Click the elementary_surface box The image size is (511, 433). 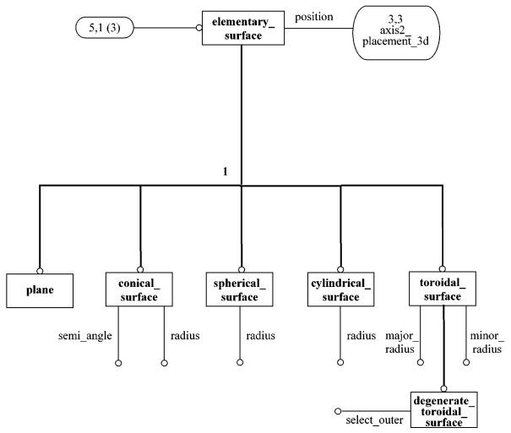tap(241, 27)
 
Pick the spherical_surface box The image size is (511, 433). tap(241, 289)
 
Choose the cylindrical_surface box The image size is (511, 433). tap(341, 289)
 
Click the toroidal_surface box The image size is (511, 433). tap(441, 289)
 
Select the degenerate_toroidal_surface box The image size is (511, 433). tap(443, 410)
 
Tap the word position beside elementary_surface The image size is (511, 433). tap(313, 17)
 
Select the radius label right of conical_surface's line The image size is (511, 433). tap(185, 336)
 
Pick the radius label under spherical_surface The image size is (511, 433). tap(260, 336)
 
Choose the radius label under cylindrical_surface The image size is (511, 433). tap(361, 336)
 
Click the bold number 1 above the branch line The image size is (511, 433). tap(225, 172)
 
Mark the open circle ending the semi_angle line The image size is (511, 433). tap(119, 363)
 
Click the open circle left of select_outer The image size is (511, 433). tap(339, 411)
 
